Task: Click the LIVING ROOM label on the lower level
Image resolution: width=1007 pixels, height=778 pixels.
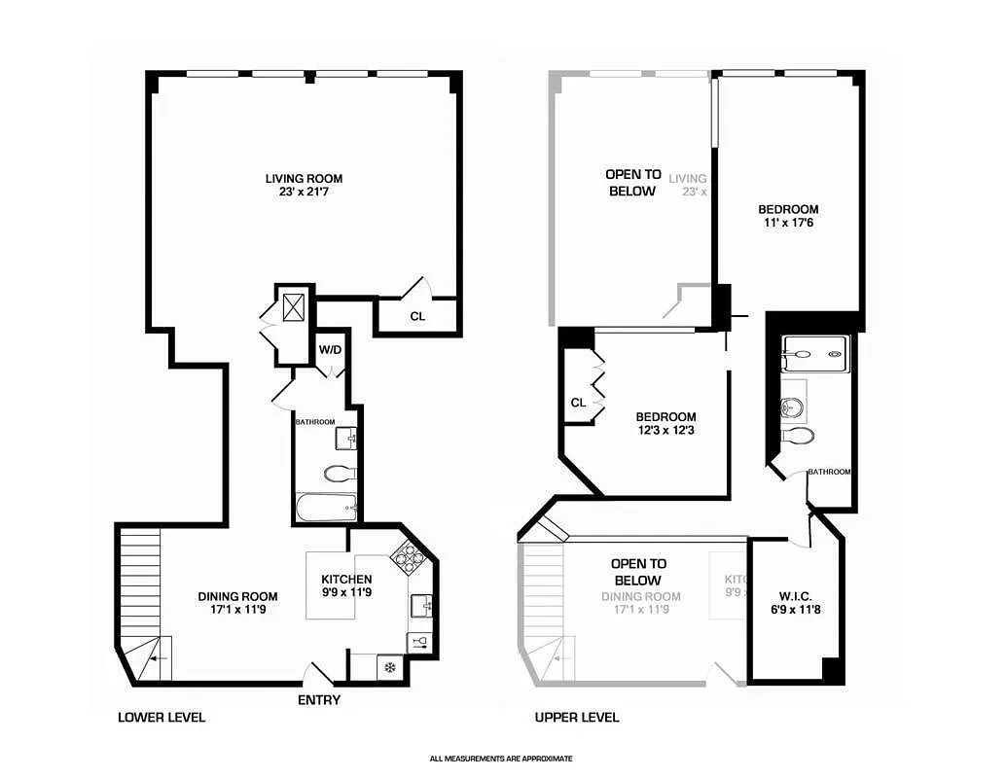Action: [304, 179]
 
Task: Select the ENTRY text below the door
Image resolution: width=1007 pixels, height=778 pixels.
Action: [320, 700]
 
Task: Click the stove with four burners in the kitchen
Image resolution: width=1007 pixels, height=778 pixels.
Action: [406, 556]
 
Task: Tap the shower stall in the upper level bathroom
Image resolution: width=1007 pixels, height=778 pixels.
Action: [812, 354]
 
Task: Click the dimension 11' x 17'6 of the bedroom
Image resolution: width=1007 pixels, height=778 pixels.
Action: [788, 225]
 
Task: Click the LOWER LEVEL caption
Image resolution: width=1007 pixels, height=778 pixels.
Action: [162, 718]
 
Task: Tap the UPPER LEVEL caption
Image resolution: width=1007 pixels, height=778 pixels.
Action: [577, 718]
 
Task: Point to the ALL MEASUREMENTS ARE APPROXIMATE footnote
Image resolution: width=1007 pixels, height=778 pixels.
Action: [501, 759]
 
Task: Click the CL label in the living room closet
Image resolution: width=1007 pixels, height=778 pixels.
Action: [416, 316]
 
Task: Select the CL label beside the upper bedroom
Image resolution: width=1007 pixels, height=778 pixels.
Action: [578, 402]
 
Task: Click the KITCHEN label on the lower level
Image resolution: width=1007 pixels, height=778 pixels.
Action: [346, 580]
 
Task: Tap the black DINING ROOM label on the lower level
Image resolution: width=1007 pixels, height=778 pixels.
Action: [237, 597]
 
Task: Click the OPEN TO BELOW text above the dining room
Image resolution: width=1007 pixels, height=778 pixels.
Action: [638, 572]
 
